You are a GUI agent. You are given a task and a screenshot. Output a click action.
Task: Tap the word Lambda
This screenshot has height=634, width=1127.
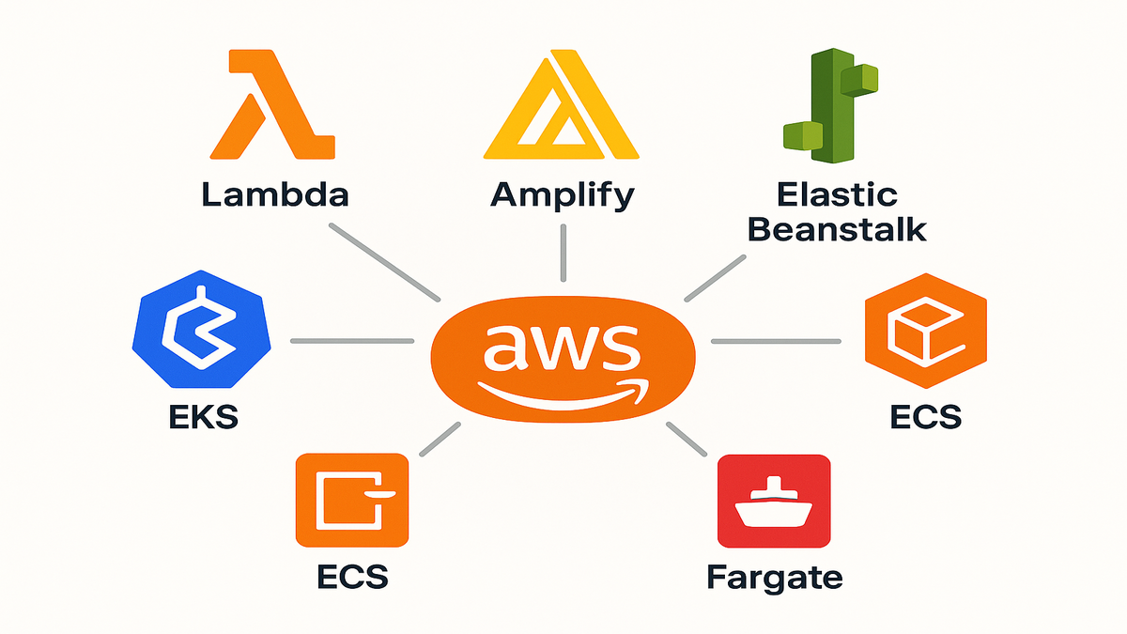(274, 194)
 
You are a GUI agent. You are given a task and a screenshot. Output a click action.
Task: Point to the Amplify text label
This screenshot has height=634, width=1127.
(563, 196)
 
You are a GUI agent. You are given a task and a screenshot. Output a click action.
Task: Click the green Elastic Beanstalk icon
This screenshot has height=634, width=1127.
(826, 103)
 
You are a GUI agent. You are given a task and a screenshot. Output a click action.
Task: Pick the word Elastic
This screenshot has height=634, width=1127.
(838, 194)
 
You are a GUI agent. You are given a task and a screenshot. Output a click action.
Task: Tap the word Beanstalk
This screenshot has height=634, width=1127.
(839, 228)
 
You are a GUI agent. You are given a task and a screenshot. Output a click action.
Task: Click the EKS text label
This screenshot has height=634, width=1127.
(202, 415)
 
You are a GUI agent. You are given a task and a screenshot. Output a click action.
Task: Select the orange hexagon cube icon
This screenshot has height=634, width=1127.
(925, 337)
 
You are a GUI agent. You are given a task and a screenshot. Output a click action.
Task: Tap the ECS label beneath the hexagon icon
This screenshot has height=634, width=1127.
(925, 415)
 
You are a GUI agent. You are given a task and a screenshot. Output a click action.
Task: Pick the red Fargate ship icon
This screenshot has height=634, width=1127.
(774, 500)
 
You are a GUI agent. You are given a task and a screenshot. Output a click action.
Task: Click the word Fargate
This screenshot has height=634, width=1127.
(774, 576)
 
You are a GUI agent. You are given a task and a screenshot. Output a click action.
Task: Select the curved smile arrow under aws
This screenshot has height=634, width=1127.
(561, 393)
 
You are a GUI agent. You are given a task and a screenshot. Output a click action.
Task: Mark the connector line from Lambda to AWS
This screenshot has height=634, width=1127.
(384, 262)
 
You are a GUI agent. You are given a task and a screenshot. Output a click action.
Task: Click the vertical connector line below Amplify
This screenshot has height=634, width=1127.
(563, 254)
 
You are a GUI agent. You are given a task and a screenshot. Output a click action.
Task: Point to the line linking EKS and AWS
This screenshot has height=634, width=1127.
(351, 340)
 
